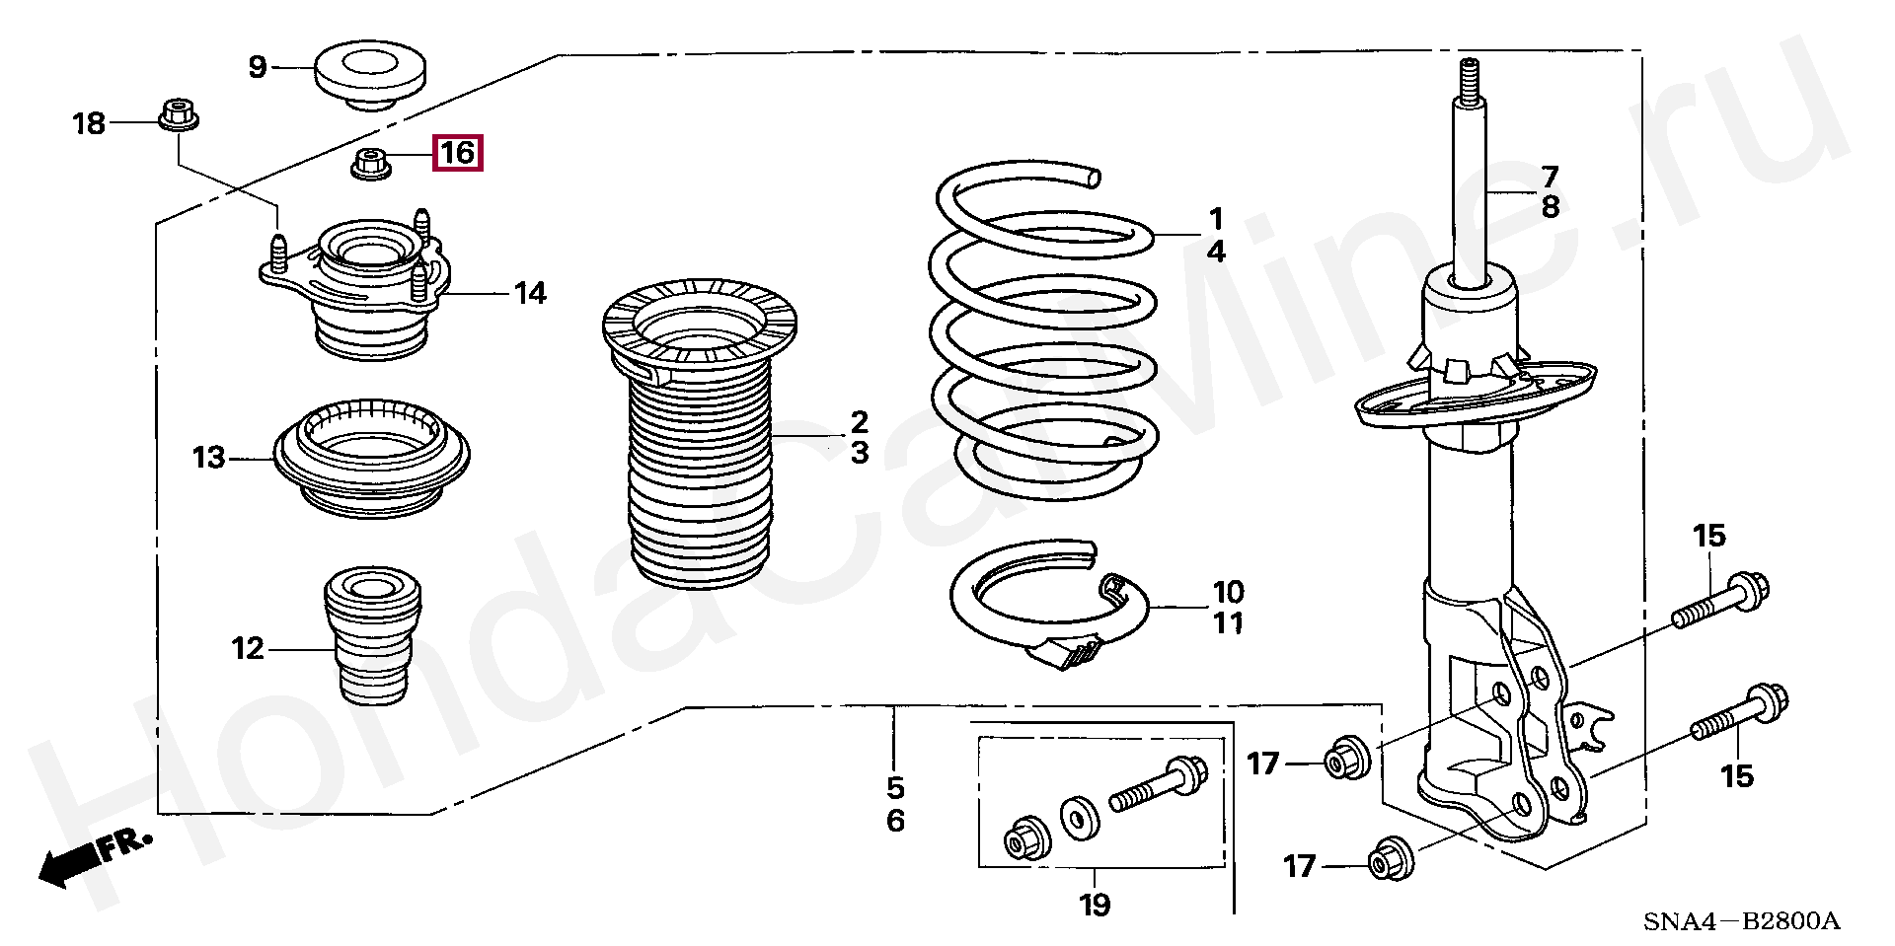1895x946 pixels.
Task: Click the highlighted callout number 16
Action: pos(458,153)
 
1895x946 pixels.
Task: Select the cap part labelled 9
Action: pos(371,75)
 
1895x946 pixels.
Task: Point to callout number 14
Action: pos(529,293)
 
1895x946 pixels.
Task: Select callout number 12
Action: pos(248,649)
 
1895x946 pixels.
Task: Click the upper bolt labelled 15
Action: pos(1721,602)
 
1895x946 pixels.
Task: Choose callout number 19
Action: pos(1095,904)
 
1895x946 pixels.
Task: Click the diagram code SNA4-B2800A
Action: pos(1741,921)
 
